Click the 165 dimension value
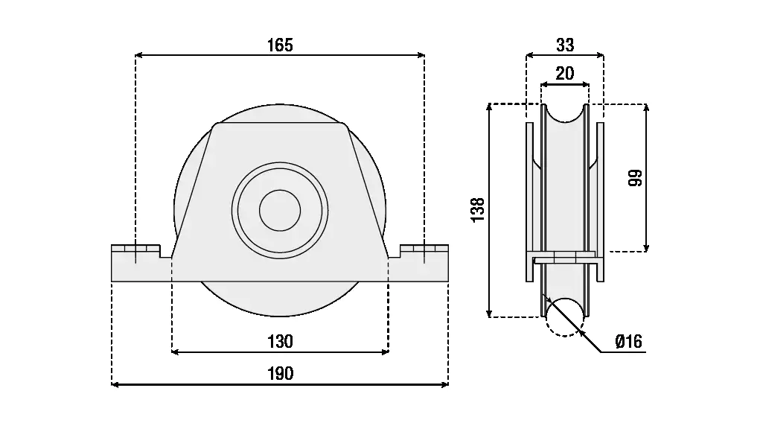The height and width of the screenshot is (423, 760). [x=280, y=45]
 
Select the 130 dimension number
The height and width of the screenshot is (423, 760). [x=280, y=342]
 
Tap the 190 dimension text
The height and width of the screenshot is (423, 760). [x=280, y=374]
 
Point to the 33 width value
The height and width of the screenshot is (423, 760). [x=565, y=45]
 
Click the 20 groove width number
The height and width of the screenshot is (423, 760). [x=565, y=73]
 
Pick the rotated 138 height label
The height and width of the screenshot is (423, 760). [x=479, y=210]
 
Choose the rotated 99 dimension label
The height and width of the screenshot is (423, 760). [x=635, y=178]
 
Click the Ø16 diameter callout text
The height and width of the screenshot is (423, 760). [x=628, y=342]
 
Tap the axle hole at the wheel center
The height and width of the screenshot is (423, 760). [x=280, y=210]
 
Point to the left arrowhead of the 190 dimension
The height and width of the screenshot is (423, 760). [x=114, y=384]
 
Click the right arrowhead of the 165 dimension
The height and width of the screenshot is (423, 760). [x=421, y=54]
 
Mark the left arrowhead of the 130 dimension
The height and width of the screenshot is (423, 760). [x=175, y=352]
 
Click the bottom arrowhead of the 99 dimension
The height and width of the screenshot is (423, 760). [x=645, y=248]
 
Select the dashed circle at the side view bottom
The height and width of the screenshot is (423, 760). [x=565, y=318]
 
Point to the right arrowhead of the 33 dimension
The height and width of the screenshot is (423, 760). [x=601, y=54]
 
